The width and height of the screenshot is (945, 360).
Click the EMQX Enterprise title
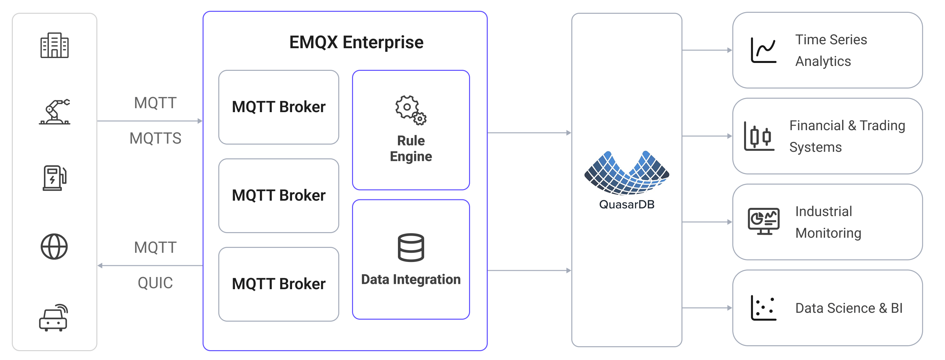356,42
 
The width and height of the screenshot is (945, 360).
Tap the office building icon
54,45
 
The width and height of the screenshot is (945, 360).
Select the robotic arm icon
55,112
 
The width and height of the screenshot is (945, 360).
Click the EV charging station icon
54,178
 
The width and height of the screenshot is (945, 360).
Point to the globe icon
54,247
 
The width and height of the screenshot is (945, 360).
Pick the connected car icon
53,318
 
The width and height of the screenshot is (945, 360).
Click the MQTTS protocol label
155,138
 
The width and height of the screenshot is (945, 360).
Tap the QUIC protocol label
155,283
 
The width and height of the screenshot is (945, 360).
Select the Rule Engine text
411,149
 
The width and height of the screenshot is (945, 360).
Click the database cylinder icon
411,248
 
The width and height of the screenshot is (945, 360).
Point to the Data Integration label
411,280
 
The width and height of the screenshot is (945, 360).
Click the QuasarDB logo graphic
627,172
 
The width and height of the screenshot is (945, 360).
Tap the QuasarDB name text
627,204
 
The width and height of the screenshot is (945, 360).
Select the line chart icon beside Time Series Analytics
763,50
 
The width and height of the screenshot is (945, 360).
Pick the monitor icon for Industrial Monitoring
764,221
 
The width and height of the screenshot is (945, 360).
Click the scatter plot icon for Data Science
763,308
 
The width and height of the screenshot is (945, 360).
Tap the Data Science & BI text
849,308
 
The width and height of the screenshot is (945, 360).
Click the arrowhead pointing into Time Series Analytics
729,50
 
